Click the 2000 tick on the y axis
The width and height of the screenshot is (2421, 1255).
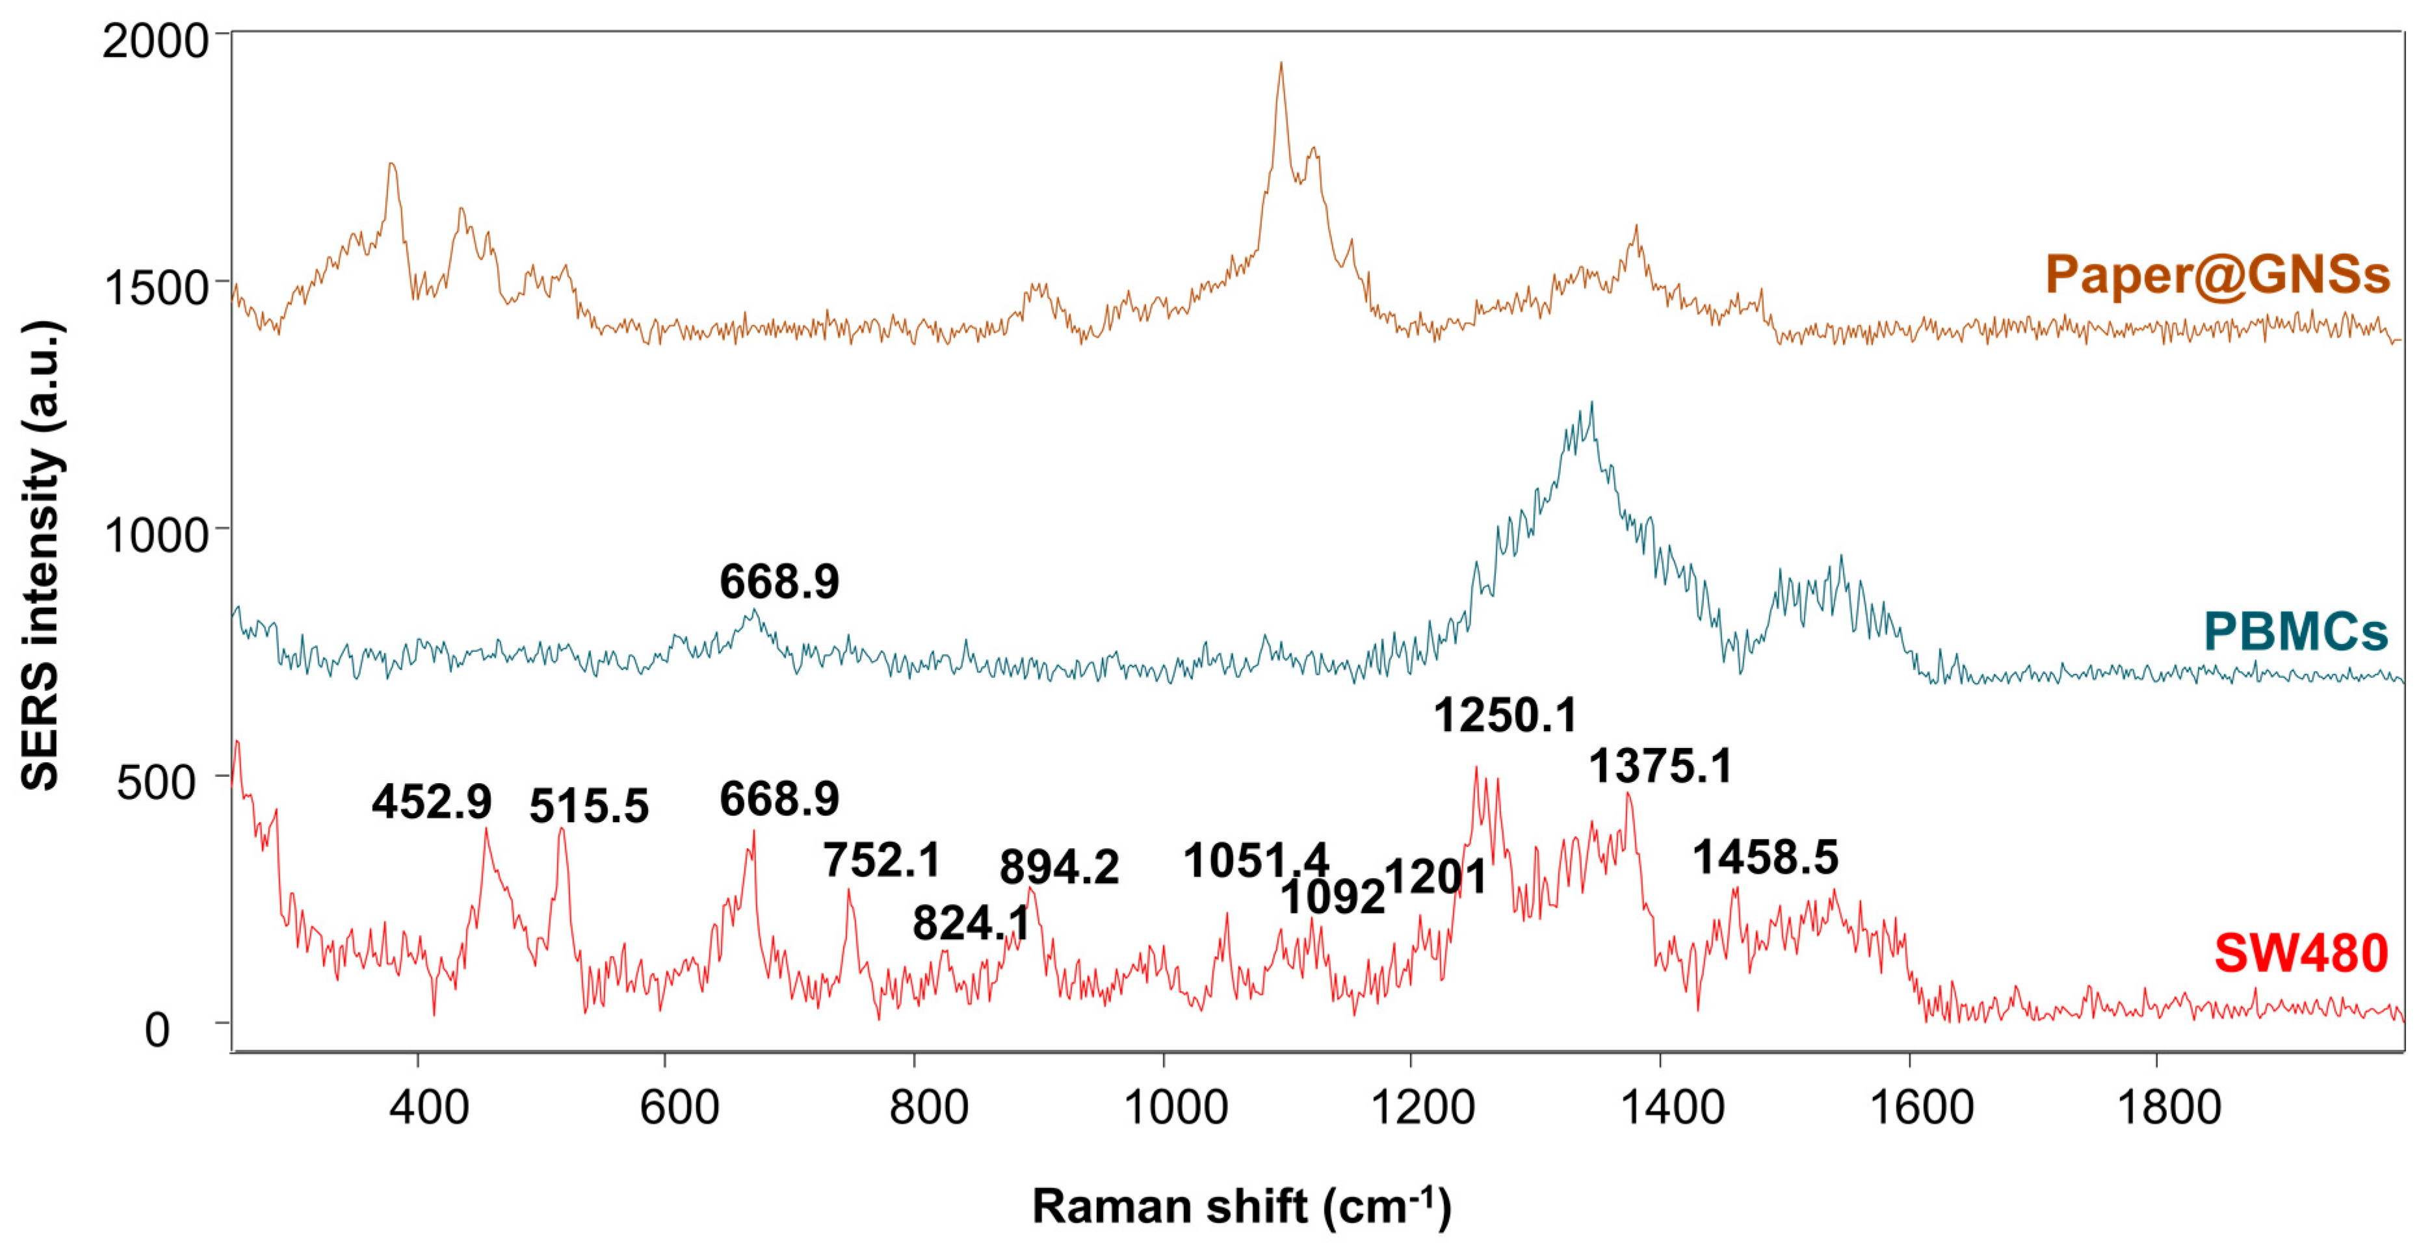(155, 42)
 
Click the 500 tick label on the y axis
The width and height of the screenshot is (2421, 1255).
(156, 782)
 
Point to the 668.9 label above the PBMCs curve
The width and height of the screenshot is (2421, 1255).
(779, 582)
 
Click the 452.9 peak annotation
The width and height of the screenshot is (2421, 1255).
(432, 801)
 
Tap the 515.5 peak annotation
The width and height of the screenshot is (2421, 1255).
(589, 806)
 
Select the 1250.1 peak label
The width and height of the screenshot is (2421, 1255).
(1504, 716)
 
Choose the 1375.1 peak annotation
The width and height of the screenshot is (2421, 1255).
(1660, 766)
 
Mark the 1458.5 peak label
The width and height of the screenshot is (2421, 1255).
(1765, 857)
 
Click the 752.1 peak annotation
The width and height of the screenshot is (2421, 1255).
(882, 860)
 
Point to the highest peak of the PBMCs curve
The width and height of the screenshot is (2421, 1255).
(1591, 405)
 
